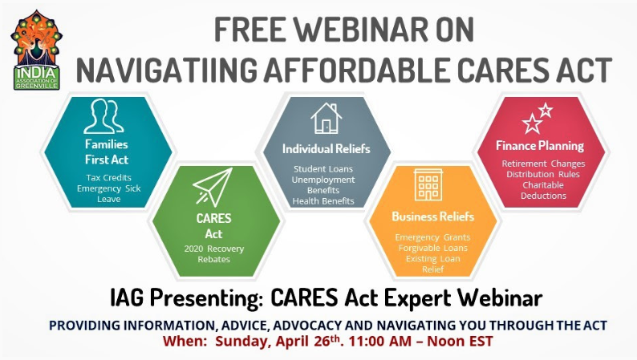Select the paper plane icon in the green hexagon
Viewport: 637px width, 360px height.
pos(213,187)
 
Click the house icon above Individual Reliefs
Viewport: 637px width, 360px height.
pos(326,119)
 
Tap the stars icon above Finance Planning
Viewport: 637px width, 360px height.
pos(538,118)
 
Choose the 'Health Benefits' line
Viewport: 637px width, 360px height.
pos(324,201)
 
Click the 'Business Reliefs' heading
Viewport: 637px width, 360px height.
pos(432,216)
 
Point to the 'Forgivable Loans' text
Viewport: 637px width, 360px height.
pos(432,248)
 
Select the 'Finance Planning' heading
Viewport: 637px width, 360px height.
pos(539,146)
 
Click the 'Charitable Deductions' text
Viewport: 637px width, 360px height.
pos(539,190)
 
